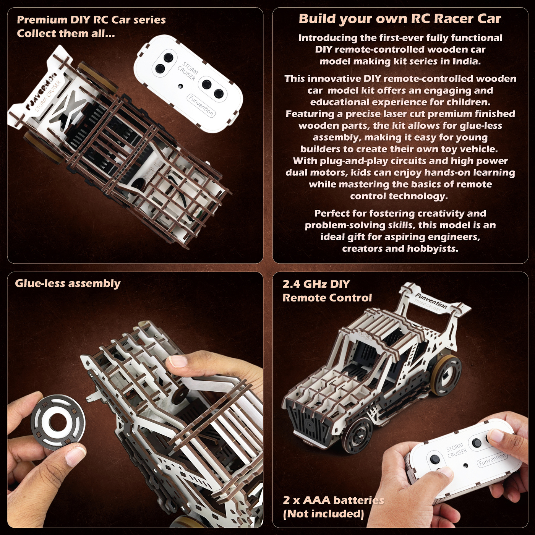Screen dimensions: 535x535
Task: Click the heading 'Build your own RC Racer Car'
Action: [400, 19]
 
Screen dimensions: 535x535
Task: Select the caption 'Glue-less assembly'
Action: [68, 284]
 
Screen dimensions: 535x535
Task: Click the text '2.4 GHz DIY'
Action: [316, 284]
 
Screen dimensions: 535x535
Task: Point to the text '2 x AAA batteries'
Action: [333, 500]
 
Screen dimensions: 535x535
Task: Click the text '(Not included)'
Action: [323, 514]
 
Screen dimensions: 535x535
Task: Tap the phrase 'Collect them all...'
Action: [66, 34]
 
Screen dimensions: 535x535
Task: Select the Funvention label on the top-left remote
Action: [201, 106]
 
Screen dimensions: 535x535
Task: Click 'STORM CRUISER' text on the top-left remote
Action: [188, 71]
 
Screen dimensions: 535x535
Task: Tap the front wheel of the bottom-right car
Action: [358, 434]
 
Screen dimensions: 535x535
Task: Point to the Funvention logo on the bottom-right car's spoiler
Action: [431, 301]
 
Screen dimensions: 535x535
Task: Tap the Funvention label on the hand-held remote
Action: [492, 459]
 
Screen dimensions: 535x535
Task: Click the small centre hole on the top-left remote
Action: [180, 86]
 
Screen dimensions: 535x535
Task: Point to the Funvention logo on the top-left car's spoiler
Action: [41, 92]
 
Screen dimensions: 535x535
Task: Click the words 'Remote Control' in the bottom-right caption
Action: [327, 298]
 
